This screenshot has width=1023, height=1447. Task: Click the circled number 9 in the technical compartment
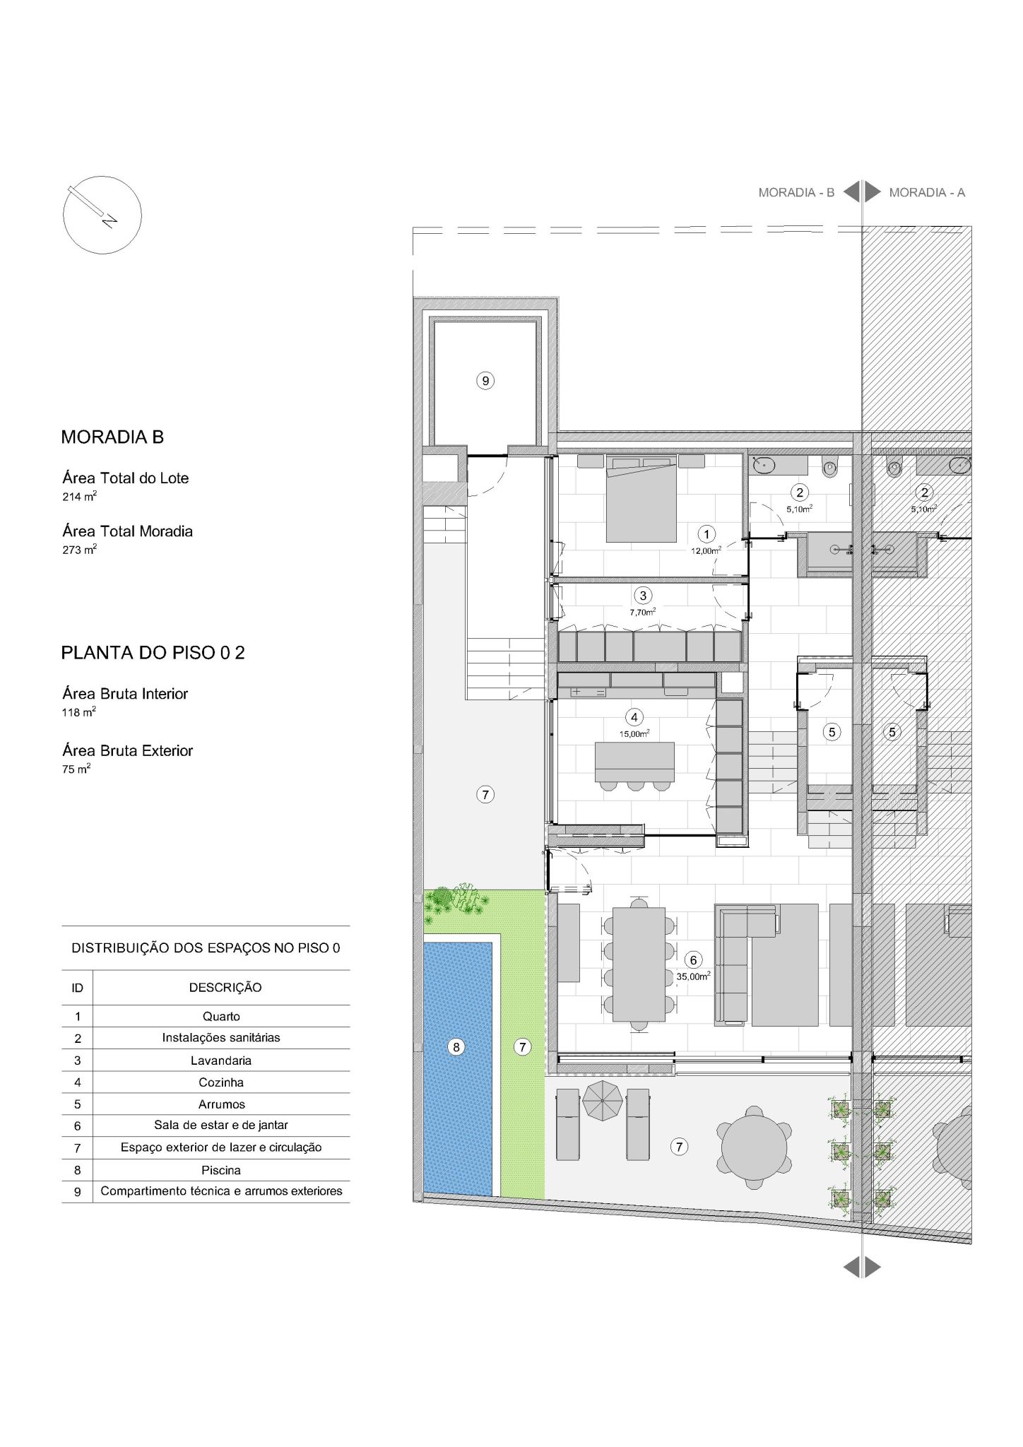(485, 381)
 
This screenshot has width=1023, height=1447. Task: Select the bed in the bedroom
(641, 499)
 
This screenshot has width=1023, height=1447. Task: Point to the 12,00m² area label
(706, 550)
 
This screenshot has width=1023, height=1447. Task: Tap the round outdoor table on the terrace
(755, 1146)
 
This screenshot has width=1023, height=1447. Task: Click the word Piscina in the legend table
(221, 1170)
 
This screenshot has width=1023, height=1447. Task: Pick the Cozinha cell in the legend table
(221, 1082)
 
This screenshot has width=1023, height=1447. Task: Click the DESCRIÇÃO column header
(225, 988)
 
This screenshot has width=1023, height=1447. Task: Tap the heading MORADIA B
(112, 437)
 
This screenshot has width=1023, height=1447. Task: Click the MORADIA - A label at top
(927, 192)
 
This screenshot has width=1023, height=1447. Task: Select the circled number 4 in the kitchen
(634, 718)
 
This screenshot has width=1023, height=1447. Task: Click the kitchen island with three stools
(635, 765)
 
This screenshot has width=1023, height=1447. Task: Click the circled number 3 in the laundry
(643, 596)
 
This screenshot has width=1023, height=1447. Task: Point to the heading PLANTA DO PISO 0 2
(153, 653)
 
